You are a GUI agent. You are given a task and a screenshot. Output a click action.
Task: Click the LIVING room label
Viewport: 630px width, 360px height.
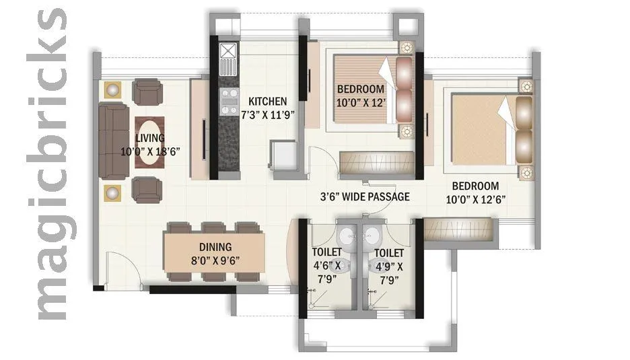click(149, 138)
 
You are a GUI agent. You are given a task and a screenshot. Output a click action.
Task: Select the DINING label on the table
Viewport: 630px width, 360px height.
click(215, 247)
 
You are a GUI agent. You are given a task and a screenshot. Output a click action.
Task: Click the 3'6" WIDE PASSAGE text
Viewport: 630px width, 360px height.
click(364, 197)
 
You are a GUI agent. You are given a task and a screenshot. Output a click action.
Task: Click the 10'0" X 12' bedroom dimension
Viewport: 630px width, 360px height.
click(361, 103)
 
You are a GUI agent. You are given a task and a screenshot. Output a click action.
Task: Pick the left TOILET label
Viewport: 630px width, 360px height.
click(326, 253)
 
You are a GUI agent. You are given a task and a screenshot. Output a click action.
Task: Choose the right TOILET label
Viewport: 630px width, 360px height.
click(389, 253)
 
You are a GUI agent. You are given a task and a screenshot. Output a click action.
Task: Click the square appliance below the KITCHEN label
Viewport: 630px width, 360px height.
click(283, 157)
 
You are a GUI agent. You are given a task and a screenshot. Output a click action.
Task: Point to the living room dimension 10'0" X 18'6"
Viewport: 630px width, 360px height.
click(149, 151)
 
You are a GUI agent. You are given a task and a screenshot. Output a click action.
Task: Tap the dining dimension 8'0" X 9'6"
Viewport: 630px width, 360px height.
click(215, 260)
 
